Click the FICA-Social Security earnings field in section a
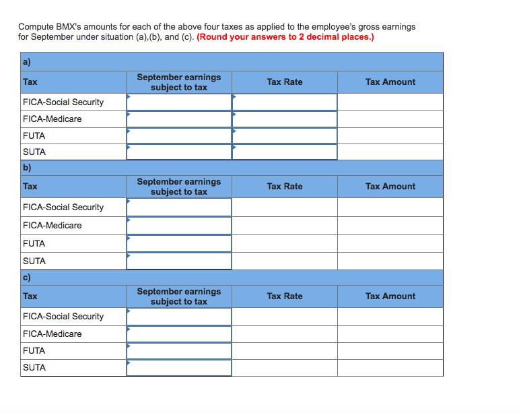pos(178,102)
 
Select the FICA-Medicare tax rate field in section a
pos(285,119)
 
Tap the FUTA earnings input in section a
pos(178,135)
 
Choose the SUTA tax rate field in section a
pos(285,152)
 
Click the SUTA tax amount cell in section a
pos(390,152)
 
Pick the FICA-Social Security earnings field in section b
pos(178,207)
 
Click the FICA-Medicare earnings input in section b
pos(178,225)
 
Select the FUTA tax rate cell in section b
pos(285,243)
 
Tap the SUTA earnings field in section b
pos(178,261)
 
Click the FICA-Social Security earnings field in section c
pos(178,316)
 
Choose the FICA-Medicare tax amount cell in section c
pos(390,333)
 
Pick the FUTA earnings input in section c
pos(178,350)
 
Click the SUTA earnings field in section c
pos(178,367)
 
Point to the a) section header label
pos(27,61)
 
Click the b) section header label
pos(27,168)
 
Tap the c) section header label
pos(27,278)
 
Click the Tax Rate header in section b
pos(285,187)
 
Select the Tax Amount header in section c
pos(390,296)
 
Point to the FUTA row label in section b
pos(34,243)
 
